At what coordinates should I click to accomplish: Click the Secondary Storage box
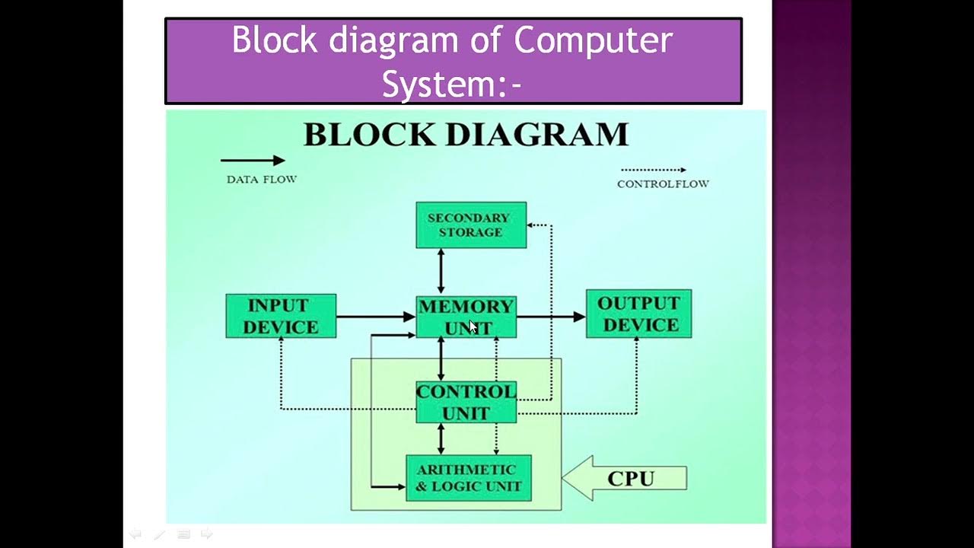click(x=471, y=225)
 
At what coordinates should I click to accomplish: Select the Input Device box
click(x=281, y=316)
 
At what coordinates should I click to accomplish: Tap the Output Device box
click(x=638, y=314)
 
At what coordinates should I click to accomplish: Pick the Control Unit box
click(x=466, y=402)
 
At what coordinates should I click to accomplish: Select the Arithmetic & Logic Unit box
click(x=469, y=478)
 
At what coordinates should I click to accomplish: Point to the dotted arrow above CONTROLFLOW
click(x=653, y=170)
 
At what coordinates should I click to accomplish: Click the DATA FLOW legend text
click(x=262, y=180)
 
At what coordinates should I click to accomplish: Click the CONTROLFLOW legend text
click(x=663, y=184)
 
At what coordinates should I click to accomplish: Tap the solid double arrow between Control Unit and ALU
click(x=441, y=438)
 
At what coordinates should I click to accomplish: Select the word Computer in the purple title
click(x=594, y=40)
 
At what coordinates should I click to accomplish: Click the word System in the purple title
click(x=440, y=84)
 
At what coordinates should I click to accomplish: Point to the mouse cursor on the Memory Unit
click(x=473, y=327)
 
